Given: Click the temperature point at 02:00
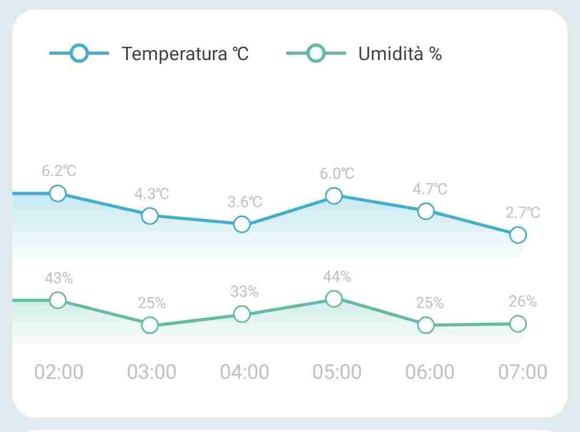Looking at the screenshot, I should click(x=57, y=193).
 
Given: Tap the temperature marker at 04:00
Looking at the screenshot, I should click(x=242, y=224).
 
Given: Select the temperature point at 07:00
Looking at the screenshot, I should click(x=518, y=235).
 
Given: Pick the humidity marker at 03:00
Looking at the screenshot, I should click(x=150, y=325).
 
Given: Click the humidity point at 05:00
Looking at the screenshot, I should click(x=334, y=299).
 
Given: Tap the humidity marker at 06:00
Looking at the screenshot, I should click(x=426, y=325).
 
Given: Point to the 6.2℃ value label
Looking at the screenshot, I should click(x=59, y=171).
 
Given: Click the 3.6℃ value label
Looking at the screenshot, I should click(x=244, y=202).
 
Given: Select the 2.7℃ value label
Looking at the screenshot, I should click(x=523, y=213).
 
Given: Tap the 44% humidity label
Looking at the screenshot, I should click(x=337, y=277).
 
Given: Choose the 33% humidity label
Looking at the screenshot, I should click(x=244, y=292).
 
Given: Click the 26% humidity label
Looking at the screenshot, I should click(x=523, y=302).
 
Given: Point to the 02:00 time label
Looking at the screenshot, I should click(x=59, y=371).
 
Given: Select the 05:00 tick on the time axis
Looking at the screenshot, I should click(x=337, y=371).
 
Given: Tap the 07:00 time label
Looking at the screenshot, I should click(x=523, y=371).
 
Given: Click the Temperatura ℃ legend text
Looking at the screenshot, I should click(x=185, y=54).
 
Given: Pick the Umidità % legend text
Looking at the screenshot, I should click(x=400, y=54).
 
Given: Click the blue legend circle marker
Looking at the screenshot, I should click(x=79, y=53).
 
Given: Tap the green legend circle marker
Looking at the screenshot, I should click(x=316, y=53).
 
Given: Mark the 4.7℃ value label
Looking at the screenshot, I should click(x=430, y=189).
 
